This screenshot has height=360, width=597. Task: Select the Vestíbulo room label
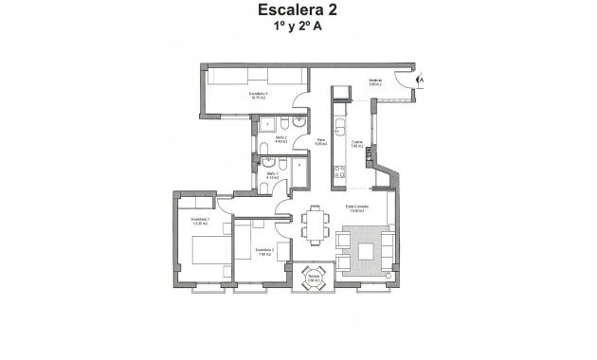(375, 82)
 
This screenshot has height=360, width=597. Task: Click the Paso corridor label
(320, 141)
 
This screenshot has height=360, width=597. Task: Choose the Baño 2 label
(280, 139)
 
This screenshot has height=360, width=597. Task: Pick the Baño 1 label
(272, 174)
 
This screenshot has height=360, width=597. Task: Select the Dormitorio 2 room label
(264, 251)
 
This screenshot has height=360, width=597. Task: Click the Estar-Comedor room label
(356, 208)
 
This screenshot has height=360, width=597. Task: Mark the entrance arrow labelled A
(420, 81)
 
